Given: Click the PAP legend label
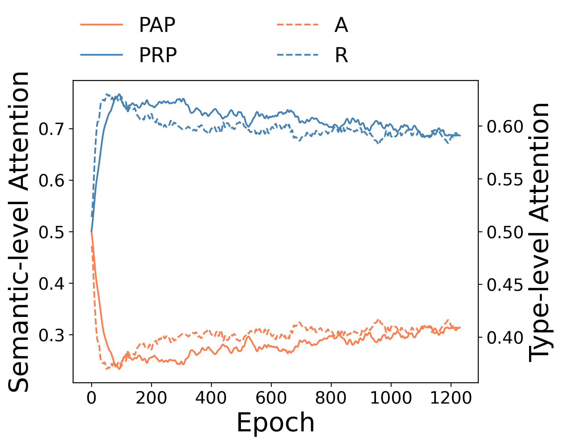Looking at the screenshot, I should pos(157,25).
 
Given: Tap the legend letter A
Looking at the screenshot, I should pos(341,25).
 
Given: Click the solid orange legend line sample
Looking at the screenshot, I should pos(102,25).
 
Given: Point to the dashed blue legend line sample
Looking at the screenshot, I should pos(298,55).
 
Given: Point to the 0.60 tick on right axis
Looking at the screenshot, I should pos(505,126).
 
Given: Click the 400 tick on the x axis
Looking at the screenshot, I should pos(211,398).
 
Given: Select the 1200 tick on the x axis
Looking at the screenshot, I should pos(451,398).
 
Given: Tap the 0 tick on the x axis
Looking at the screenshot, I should pos(91,398).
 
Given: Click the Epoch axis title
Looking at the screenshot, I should pos(275,423).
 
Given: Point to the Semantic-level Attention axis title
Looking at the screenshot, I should pos(19,232).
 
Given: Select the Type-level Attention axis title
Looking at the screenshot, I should pos(539,232).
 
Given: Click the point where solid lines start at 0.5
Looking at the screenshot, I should pos(91,232).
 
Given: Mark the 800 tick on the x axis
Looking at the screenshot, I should pos(331,398).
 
